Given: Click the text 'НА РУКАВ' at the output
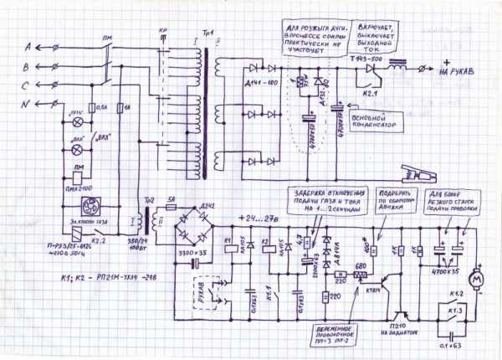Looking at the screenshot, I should pos(463,72).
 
